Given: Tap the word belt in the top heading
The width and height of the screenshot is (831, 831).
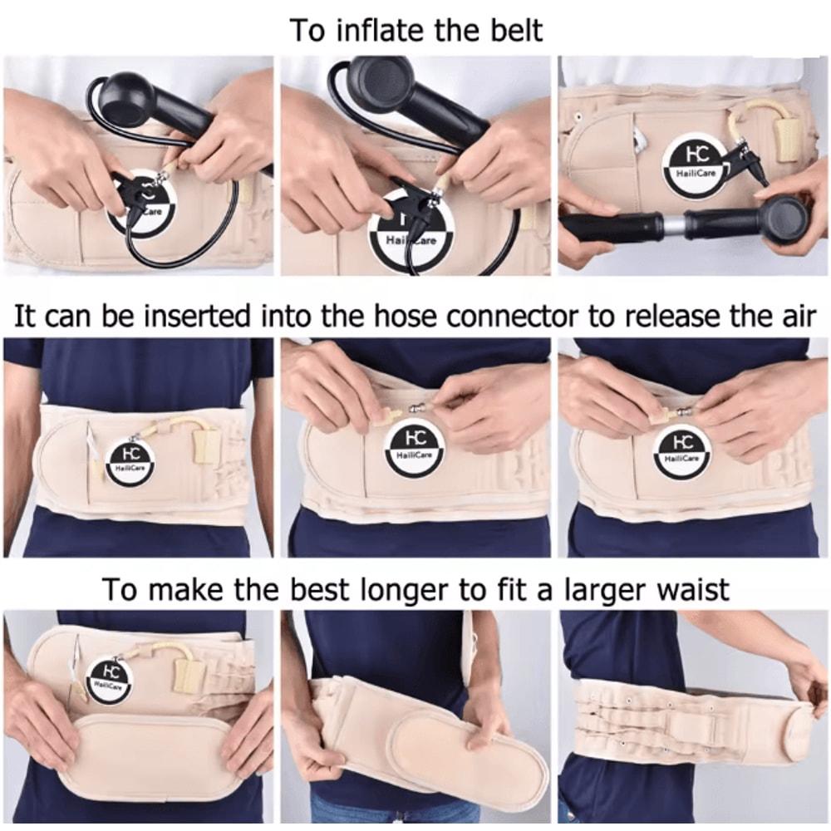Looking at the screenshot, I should click(514, 30).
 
